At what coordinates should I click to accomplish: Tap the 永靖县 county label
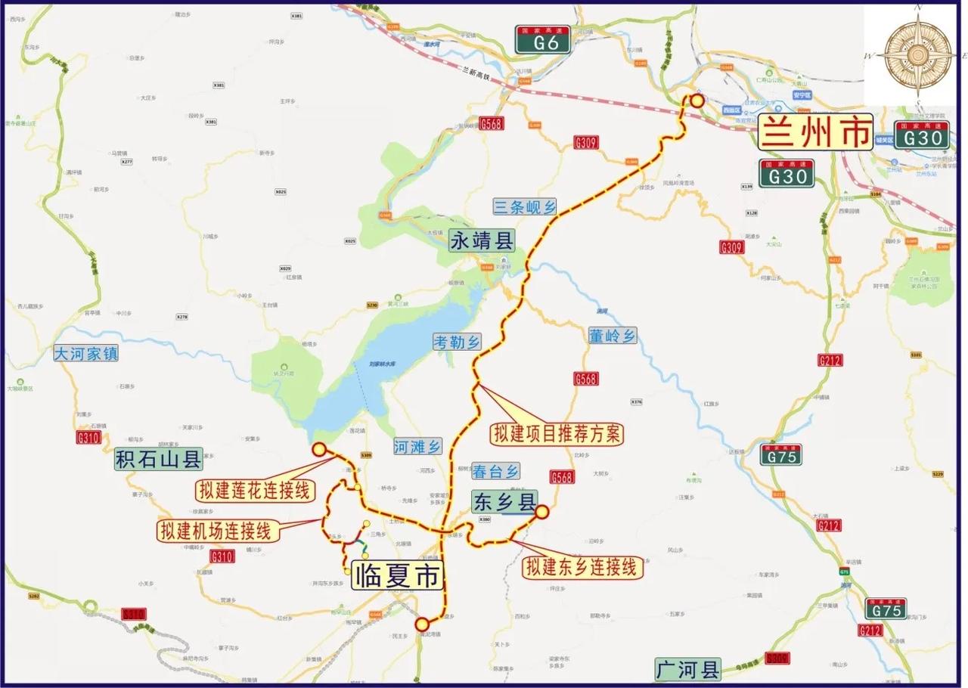click(x=482, y=241)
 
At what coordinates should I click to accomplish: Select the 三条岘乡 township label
click(x=525, y=207)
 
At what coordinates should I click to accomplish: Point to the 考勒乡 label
click(x=457, y=342)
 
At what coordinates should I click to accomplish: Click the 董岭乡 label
click(x=613, y=336)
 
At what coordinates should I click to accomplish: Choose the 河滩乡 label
click(x=417, y=447)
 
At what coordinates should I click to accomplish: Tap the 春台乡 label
click(x=496, y=471)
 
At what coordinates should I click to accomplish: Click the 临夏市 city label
click(x=397, y=577)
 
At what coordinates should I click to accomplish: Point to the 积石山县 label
click(x=160, y=459)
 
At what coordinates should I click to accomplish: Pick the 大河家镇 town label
click(x=86, y=353)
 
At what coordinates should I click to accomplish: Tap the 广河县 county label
click(x=688, y=669)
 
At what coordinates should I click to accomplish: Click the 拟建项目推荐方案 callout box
click(x=557, y=433)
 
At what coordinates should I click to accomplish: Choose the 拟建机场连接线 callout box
click(x=219, y=530)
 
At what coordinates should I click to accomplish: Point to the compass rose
click(x=918, y=54)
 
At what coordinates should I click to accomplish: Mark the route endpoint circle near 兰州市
click(x=697, y=101)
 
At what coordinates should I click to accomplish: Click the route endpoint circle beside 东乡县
click(x=542, y=512)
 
